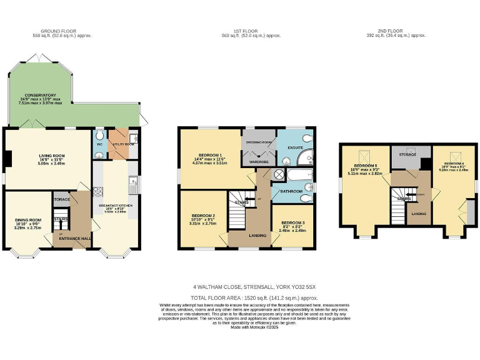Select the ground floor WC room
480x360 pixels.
click(99, 144)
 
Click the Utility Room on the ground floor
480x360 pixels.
click(121, 144)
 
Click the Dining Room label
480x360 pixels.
click(28, 220)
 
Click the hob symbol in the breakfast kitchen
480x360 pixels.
click(97, 192)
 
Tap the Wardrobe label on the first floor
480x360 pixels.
click(259, 161)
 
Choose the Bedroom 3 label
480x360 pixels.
click(292, 223)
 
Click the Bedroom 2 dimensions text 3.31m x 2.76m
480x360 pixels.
click(203, 223)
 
